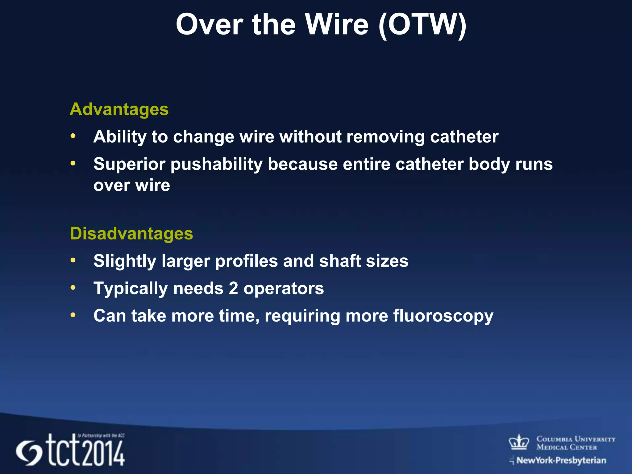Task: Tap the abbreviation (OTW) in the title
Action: [422, 25]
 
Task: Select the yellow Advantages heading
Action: [119, 109]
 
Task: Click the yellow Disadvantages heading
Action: [131, 234]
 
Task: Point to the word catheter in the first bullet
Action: [464, 137]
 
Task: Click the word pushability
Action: [216, 164]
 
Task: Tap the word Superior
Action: [129, 164]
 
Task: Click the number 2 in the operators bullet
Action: [233, 289]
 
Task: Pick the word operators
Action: [284, 289]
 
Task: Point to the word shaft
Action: [340, 261]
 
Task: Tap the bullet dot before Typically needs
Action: [73, 288]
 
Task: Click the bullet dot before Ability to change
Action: [73, 136]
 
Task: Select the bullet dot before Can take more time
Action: [73, 315]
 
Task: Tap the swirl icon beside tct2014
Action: [29, 453]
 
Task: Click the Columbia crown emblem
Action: [519, 442]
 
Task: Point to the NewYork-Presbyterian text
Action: [561, 460]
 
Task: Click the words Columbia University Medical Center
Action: [576, 443]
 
